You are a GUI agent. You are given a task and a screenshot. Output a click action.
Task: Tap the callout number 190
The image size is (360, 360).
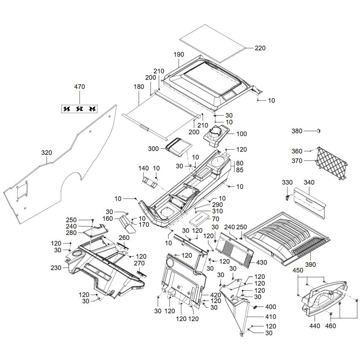pyautogui.click(x=179, y=55)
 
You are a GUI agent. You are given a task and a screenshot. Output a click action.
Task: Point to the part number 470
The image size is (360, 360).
pyautogui.click(x=80, y=87)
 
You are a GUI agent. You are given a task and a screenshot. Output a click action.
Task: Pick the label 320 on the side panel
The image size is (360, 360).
pyautogui.click(x=46, y=153)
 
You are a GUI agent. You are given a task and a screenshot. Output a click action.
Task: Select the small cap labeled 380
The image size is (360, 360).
pyautogui.click(x=319, y=131)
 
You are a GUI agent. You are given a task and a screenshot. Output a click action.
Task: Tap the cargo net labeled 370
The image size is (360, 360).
pyautogui.click(x=332, y=163)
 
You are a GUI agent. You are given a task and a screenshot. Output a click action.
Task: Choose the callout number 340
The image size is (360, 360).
pyautogui.click(x=309, y=183)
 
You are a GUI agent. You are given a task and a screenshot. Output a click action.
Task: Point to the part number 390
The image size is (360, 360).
pyautogui.click(x=310, y=265)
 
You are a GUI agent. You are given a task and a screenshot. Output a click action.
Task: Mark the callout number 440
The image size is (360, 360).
pyautogui.click(x=315, y=326)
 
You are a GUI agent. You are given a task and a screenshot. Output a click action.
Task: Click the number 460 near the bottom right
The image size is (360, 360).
pyautogui.click(x=330, y=326)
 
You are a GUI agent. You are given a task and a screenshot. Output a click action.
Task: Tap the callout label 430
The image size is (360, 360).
pyautogui.click(x=262, y=263)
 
